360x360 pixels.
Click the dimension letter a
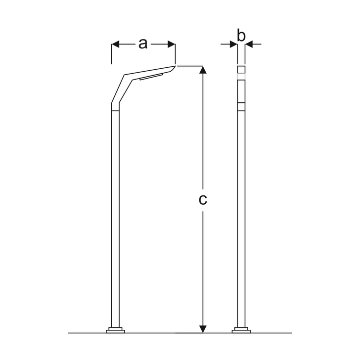point(143,44)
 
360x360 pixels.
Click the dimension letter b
point(241,35)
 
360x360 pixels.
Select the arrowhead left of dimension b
point(233,45)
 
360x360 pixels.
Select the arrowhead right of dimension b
point(249,45)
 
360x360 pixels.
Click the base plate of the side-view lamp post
point(116,329)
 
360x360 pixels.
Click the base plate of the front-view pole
point(241,329)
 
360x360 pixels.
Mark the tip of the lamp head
point(175,66)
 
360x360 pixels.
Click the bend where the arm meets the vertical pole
point(116,106)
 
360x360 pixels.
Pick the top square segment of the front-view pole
point(241,70)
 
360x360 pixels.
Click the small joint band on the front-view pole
point(241,106)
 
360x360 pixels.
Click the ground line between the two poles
point(178,333)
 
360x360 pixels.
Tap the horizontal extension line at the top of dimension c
point(190,66)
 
